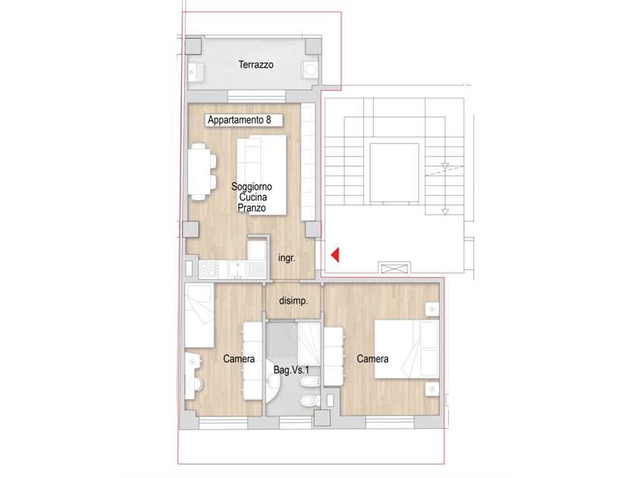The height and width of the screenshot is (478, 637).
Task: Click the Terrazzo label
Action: (256, 64)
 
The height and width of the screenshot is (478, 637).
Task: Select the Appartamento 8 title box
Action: (243, 121)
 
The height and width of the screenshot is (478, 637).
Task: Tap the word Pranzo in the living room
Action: (252, 208)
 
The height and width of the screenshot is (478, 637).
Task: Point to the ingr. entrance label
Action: (287, 258)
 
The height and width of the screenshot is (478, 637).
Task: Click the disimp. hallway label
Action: (293, 301)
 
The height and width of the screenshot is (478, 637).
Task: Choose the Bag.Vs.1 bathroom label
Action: (291, 370)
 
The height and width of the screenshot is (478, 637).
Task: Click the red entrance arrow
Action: (335, 255)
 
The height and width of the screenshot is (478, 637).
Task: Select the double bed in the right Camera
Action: (406, 350)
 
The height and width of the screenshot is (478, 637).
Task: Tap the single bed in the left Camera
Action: (199, 316)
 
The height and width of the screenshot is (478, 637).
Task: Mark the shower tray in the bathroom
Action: (309, 343)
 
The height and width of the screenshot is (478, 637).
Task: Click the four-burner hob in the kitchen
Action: (209, 269)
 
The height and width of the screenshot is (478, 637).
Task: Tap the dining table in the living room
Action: (199, 171)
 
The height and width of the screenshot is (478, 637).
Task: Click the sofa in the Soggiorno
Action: (262, 175)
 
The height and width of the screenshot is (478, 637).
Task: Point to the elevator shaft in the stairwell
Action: (394, 172)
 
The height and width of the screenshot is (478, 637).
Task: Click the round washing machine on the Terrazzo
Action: (311, 70)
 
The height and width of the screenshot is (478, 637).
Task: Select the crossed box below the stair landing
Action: (394, 267)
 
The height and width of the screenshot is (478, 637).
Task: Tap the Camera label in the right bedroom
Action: (372, 359)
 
